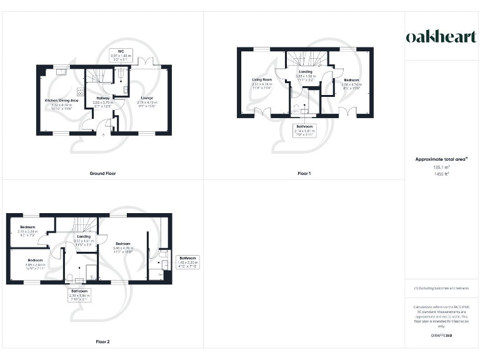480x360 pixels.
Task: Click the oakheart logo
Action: coord(441,37)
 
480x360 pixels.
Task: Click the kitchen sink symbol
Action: coord(62,70)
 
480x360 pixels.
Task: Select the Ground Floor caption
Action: coord(102,172)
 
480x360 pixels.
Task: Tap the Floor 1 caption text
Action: coord(304,172)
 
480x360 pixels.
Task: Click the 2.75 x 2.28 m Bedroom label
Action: coord(28,229)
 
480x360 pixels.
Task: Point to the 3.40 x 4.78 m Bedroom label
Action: coord(122,246)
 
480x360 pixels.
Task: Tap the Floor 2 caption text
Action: coord(102,342)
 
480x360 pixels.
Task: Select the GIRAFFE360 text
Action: coord(441,336)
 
